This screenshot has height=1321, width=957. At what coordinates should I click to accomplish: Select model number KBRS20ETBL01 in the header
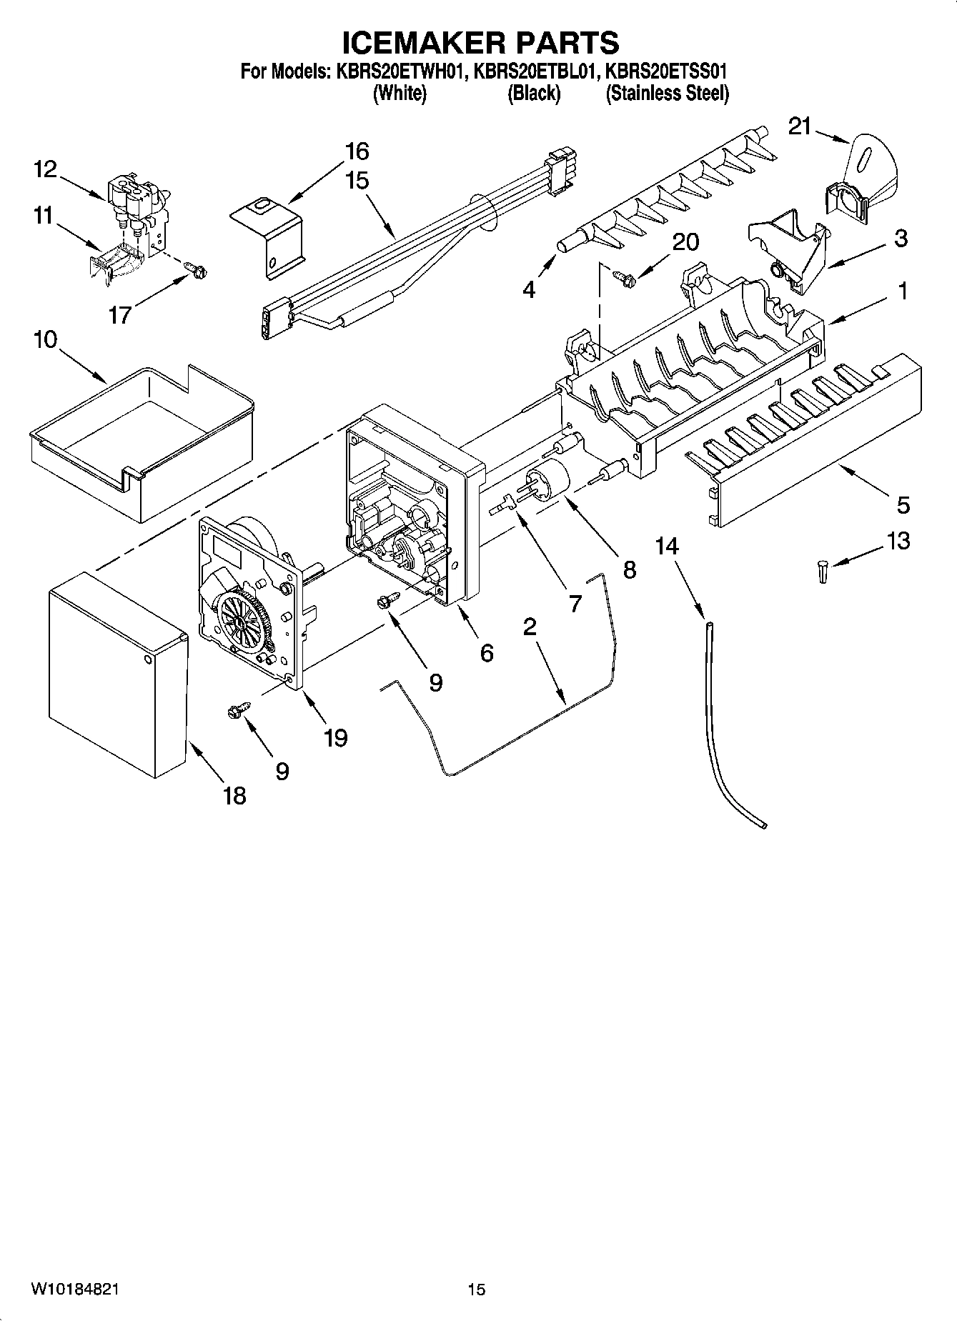[x=534, y=71]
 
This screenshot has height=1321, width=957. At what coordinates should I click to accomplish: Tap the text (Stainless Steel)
[x=667, y=94]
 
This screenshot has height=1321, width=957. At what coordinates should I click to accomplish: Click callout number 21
[x=800, y=126]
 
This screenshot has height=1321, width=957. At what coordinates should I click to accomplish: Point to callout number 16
[x=357, y=151]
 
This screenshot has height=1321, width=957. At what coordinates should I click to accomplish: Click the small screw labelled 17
[x=196, y=271]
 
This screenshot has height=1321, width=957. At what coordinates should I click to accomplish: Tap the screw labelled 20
[x=623, y=278]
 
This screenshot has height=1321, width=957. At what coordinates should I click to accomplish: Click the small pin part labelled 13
[x=823, y=572]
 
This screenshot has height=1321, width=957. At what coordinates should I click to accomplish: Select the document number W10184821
[x=75, y=1289]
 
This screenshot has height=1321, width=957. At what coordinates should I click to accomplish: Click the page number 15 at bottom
[x=477, y=1289]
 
